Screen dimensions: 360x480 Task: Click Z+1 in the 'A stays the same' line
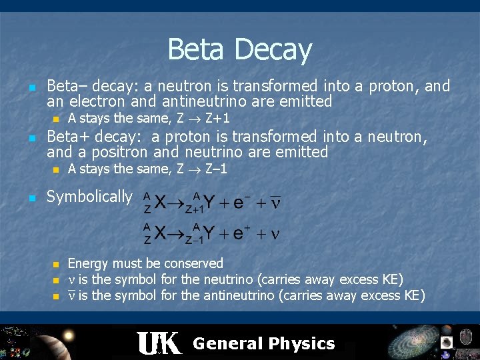tap(217, 119)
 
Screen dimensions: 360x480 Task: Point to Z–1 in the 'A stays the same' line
tap(214, 169)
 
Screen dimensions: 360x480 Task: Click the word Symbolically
tap(89, 197)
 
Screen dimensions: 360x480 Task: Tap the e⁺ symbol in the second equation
tap(239, 233)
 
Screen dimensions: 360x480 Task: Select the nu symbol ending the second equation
tap(274, 234)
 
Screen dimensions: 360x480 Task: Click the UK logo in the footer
tap(158, 343)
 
